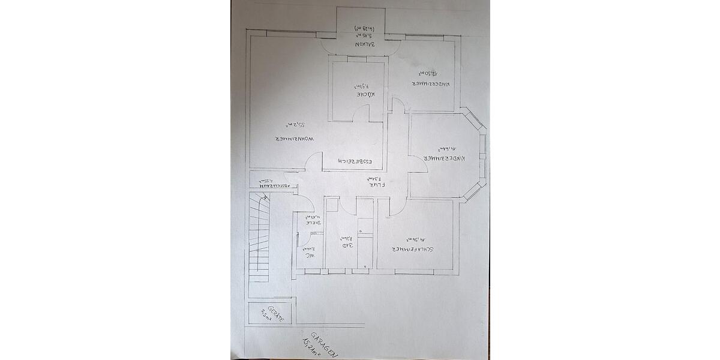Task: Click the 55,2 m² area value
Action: pyautogui.click(x=298, y=125)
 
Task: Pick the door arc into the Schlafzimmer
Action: pyautogui.click(x=396, y=207)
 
